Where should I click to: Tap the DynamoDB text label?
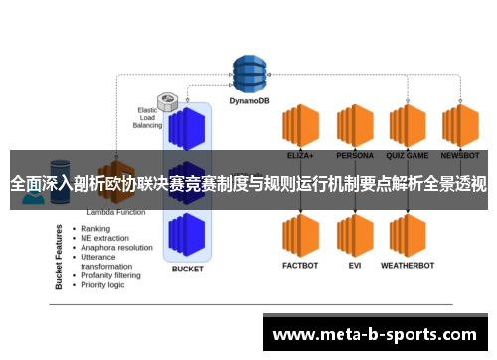[250, 99]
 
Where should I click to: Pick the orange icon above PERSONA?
[354, 126]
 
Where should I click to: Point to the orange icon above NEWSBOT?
[460, 126]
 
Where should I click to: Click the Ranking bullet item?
[97, 228]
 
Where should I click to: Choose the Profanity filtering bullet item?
[117, 275]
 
